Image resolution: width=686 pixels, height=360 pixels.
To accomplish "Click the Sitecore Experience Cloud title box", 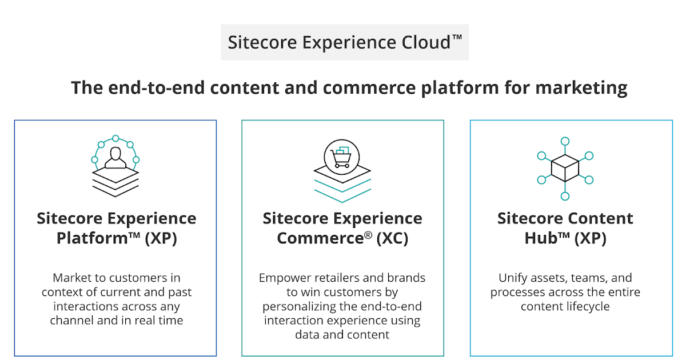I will (x=345, y=42).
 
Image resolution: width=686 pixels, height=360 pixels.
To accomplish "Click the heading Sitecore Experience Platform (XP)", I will (x=116, y=228).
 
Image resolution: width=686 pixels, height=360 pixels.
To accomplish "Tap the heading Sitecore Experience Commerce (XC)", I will (x=342, y=228).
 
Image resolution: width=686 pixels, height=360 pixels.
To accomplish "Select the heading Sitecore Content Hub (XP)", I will (x=565, y=228).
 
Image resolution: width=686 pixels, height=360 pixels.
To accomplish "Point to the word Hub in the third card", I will (x=541, y=238).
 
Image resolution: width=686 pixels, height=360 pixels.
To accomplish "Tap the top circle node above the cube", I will (x=565, y=141).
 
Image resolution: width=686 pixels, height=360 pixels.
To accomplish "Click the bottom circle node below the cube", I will (x=565, y=196).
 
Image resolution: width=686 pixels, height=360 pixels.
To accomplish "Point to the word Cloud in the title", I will (x=425, y=42).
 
